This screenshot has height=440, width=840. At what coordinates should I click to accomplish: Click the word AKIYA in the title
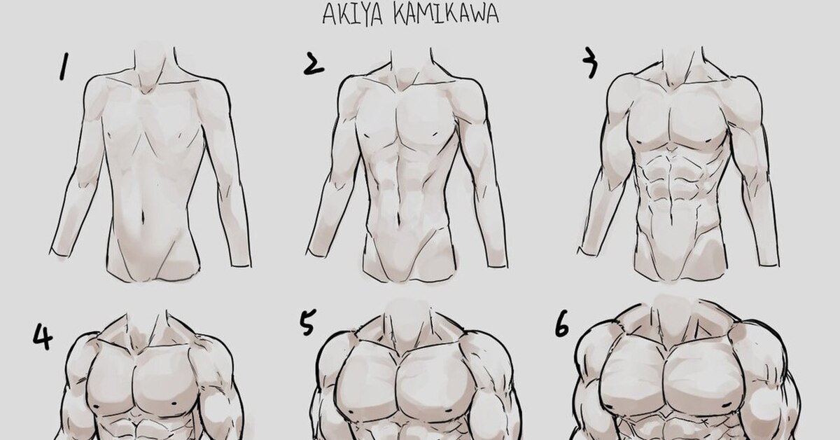353,15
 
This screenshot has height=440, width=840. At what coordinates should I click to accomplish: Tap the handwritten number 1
64,66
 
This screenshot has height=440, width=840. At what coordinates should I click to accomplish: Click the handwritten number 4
43,337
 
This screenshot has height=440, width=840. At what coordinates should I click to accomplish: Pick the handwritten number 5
308,322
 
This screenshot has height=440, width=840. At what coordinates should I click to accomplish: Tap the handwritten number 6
561,324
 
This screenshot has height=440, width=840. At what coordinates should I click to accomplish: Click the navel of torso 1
142,216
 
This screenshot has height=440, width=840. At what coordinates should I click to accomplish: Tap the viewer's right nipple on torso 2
435,133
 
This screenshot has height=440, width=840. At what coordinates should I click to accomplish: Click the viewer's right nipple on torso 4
174,404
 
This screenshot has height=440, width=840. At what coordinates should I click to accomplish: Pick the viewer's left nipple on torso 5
351,412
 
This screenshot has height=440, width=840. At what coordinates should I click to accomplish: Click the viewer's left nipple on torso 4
96,406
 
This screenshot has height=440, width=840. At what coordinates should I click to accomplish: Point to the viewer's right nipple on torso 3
709,141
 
